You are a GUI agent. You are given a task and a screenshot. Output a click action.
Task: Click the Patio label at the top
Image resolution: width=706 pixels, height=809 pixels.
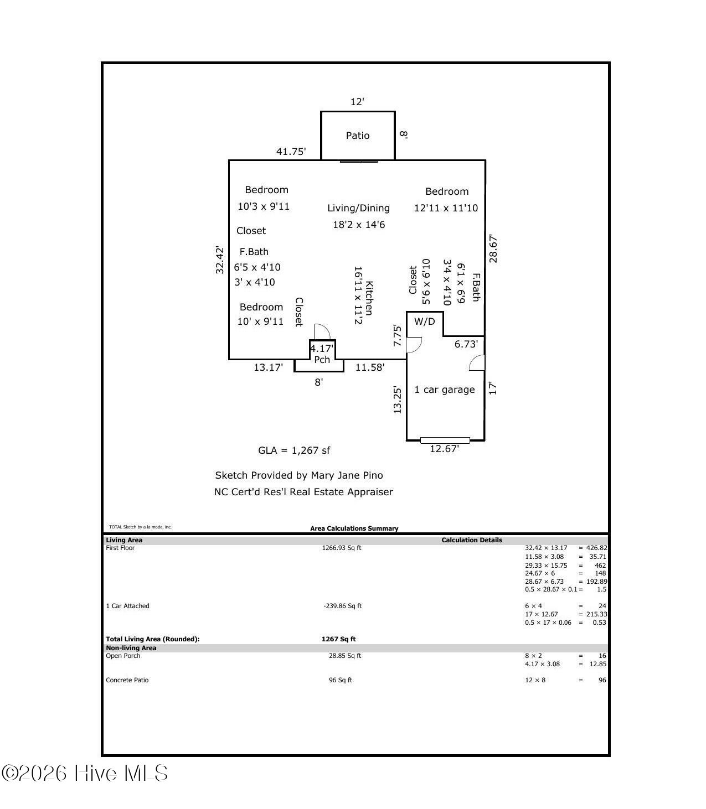(357, 136)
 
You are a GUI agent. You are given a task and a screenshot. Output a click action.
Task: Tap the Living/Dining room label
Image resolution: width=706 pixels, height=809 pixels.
(358, 208)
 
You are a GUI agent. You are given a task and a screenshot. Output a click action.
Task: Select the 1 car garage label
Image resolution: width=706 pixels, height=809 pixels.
(444, 390)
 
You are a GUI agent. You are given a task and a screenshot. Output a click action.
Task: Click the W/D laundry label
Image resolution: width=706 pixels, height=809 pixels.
(424, 321)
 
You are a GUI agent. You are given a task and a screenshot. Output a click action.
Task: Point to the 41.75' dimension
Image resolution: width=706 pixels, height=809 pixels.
(291, 152)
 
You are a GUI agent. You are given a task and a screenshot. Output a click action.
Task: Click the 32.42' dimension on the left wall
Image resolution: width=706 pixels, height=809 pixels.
(220, 260)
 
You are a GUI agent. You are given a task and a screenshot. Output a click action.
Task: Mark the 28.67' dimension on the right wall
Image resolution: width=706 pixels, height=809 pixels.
(493, 249)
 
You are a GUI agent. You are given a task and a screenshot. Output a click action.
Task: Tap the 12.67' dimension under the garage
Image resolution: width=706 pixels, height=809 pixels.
(444, 449)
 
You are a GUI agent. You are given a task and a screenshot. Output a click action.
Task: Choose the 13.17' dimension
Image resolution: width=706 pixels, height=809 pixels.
(268, 367)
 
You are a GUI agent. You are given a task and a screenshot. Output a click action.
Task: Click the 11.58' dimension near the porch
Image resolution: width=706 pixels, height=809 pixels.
(369, 367)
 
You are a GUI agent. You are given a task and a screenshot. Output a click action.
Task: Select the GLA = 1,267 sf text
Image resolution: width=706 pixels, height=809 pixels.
(294, 450)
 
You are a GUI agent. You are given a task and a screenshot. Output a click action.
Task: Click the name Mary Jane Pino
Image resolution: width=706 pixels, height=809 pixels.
(347, 475)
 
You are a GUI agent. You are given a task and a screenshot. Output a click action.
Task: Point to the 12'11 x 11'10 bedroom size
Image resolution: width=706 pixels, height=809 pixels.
(446, 208)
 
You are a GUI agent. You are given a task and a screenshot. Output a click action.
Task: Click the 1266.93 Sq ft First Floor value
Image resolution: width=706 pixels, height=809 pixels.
(341, 548)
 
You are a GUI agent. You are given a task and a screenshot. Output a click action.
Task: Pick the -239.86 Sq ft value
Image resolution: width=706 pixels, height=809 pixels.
(342, 606)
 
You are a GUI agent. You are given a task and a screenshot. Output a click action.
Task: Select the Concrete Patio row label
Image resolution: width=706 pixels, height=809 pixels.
(127, 680)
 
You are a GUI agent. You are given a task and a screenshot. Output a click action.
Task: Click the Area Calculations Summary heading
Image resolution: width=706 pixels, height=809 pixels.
(354, 528)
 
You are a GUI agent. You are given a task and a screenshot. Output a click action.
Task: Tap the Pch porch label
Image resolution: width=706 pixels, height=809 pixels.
(322, 360)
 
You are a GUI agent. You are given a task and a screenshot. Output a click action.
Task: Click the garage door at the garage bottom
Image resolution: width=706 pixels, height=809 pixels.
(445, 440)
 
